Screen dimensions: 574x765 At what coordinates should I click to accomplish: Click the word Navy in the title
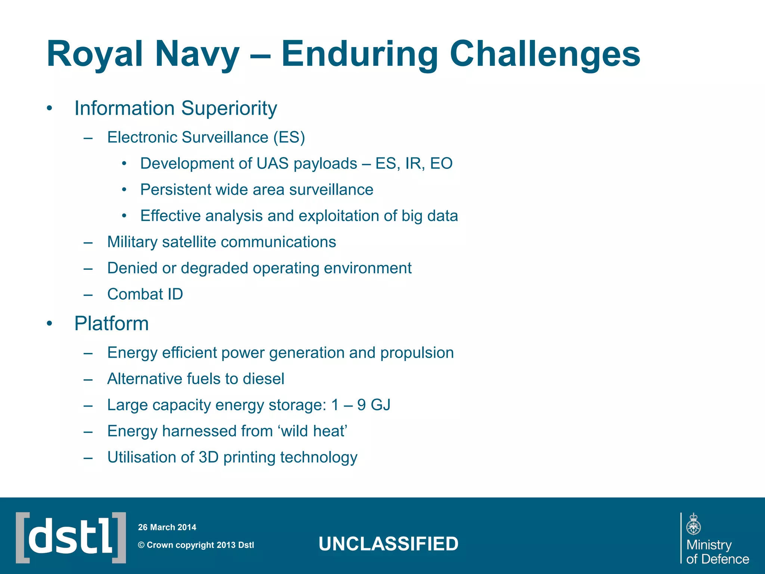coord(197,55)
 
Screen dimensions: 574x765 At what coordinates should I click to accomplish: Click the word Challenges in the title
coord(545,55)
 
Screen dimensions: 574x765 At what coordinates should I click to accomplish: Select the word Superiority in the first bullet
coord(229,109)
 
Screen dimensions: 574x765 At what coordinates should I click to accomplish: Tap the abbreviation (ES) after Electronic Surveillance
coord(289,138)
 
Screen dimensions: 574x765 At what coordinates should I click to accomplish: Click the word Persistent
coord(176,190)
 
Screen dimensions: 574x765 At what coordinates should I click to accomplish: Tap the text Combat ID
coord(145,294)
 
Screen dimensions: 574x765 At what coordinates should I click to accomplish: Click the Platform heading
coord(111,324)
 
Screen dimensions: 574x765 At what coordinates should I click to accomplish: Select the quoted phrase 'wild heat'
coord(312,431)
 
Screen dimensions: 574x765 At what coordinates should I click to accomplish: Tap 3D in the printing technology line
coord(208,457)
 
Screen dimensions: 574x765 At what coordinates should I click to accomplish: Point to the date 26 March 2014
coord(167,527)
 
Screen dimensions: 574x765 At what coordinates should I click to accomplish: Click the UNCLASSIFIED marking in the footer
coord(388,544)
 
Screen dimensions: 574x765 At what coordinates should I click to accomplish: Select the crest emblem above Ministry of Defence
coord(693,524)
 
